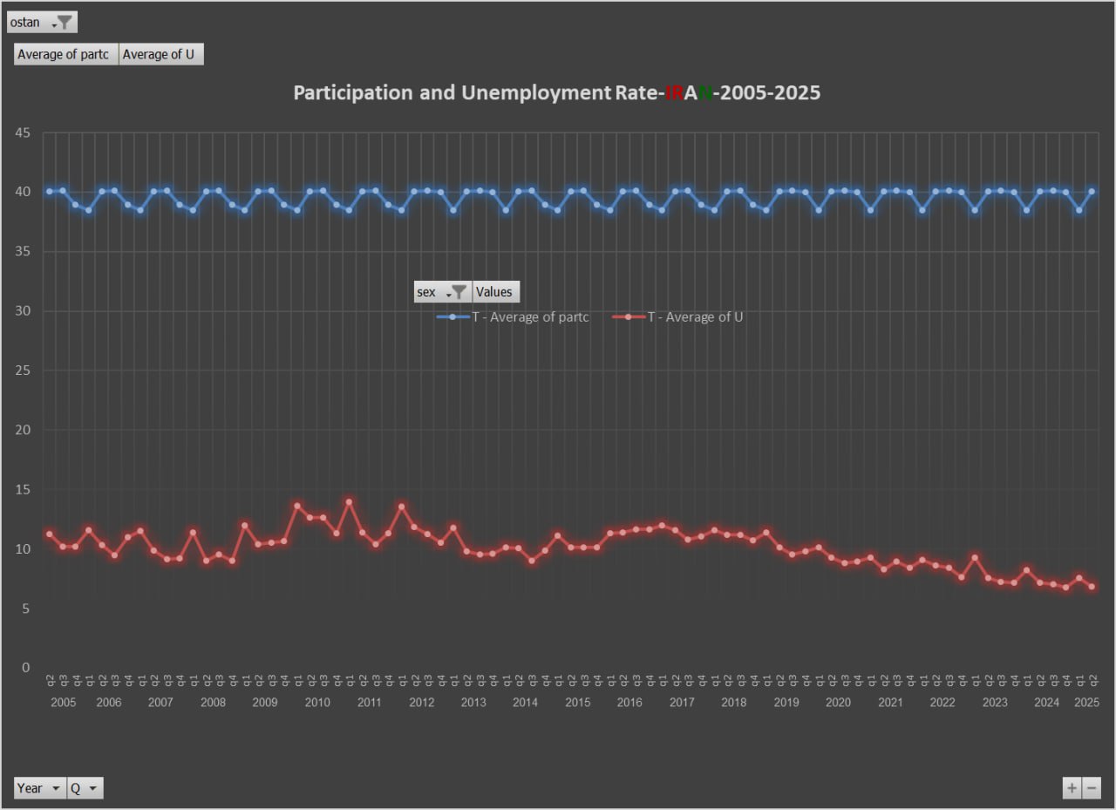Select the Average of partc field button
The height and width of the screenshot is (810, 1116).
(x=66, y=54)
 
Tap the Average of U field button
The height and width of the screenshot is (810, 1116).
(x=160, y=54)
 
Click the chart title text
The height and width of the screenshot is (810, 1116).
(x=556, y=92)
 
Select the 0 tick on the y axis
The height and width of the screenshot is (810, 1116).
(x=25, y=668)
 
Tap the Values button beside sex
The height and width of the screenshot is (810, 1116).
(x=495, y=292)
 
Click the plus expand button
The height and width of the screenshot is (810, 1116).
(x=1072, y=788)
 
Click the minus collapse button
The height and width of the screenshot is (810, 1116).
(x=1092, y=788)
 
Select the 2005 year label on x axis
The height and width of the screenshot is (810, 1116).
(x=63, y=703)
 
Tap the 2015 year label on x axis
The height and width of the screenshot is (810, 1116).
(x=577, y=703)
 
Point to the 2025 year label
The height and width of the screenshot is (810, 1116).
(x=1086, y=703)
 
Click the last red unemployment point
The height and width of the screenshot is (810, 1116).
(x=1092, y=587)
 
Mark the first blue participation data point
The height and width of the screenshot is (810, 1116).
(x=50, y=191)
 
